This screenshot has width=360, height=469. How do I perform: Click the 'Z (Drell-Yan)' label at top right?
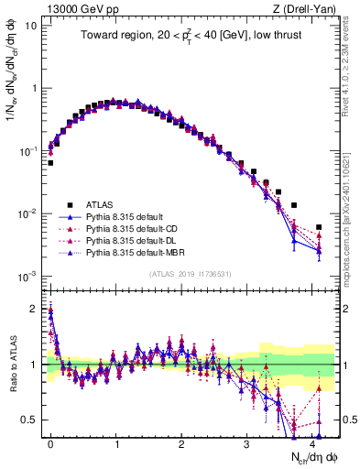click(x=307, y=7)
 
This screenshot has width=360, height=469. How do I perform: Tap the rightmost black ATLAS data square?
click(x=319, y=227)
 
